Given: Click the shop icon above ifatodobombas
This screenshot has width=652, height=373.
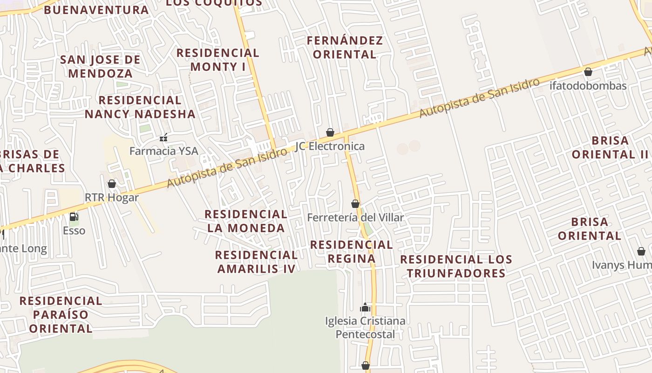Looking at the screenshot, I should pyautogui.click(x=588, y=72).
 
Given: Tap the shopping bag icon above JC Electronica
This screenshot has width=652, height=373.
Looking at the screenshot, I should pyautogui.click(x=330, y=132).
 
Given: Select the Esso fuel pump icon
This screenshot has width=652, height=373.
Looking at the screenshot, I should pyautogui.click(x=74, y=217).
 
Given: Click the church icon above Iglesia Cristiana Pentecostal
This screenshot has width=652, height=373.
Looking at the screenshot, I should pyautogui.click(x=365, y=307).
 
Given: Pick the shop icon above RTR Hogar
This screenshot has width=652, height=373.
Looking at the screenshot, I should pyautogui.click(x=112, y=184).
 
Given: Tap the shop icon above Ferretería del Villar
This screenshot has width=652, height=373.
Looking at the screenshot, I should pyautogui.click(x=355, y=204).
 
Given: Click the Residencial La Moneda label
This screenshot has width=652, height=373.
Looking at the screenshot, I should pyautogui.click(x=246, y=221).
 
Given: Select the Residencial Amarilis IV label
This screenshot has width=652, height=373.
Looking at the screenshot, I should pyautogui.click(x=256, y=262).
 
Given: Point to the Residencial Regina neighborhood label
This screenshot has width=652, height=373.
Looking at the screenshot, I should pyautogui.click(x=352, y=251).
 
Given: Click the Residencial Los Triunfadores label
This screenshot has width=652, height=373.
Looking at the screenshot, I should pyautogui.click(x=456, y=266).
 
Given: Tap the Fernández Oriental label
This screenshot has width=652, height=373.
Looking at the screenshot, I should pyautogui.click(x=345, y=48).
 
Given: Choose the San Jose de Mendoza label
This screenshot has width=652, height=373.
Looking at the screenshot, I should pyautogui.click(x=100, y=66).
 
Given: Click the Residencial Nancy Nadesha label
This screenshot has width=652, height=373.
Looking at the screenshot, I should pyautogui.click(x=140, y=107).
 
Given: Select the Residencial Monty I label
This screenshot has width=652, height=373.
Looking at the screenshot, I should pyautogui.click(x=218, y=60).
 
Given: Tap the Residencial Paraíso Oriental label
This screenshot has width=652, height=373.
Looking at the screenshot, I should pyautogui.click(x=61, y=314).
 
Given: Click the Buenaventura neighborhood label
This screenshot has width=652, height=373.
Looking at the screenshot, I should pyautogui.click(x=96, y=10).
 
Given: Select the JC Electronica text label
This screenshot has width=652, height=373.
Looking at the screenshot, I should pyautogui.click(x=330, y=146).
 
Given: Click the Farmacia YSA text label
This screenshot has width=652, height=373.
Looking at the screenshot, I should pyautogui.click(x=163, y=151).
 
